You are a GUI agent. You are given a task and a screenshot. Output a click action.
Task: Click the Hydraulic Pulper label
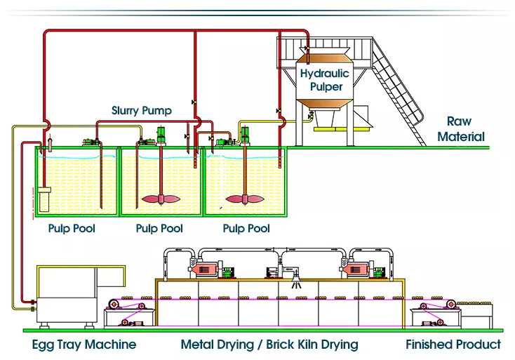321,79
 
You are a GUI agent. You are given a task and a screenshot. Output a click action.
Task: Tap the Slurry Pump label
141,111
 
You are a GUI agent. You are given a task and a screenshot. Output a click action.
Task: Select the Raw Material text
460,130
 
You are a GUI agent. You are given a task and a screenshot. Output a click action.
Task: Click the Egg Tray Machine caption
84,345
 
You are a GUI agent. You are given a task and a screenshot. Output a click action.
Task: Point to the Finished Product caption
453,345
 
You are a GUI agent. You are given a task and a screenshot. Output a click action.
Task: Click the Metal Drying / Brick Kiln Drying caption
269,345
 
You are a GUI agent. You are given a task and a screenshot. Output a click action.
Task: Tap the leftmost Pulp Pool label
72,229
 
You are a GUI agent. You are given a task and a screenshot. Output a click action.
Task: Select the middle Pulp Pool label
159,229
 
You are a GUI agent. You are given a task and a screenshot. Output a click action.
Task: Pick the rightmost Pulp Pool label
246,229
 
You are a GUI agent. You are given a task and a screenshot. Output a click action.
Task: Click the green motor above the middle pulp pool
160,133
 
